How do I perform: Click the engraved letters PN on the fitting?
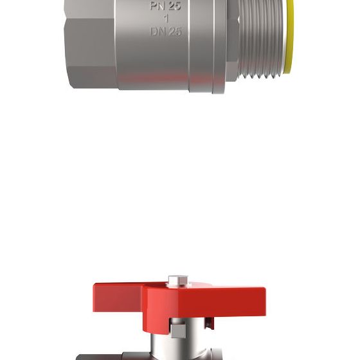pos(157,6)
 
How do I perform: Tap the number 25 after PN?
pos(174,6)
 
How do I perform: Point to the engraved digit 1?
pos(166,19)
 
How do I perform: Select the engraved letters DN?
pos(157,32)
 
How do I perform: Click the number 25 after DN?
pos(175,32)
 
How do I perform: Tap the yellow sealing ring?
pos(289,37)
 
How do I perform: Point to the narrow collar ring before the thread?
pos(219,46)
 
